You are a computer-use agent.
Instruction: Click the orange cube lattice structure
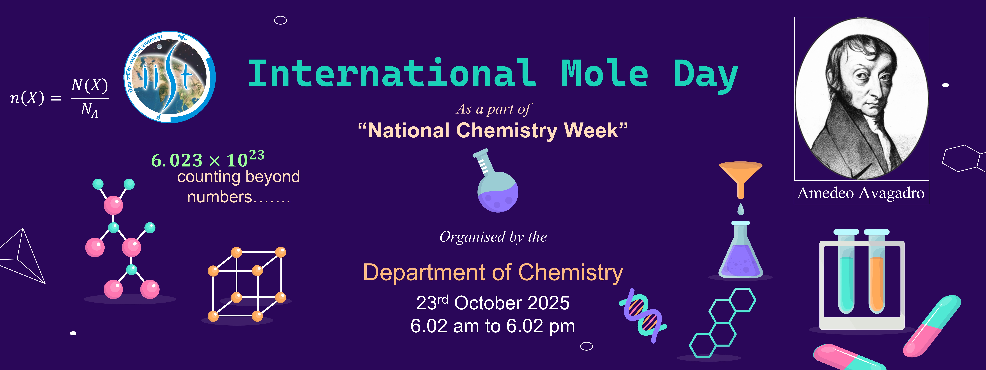[247, 284]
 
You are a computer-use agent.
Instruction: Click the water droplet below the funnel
[741, 209]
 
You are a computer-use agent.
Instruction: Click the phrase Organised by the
[493, 237]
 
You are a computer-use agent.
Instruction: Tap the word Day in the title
[705, 75]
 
